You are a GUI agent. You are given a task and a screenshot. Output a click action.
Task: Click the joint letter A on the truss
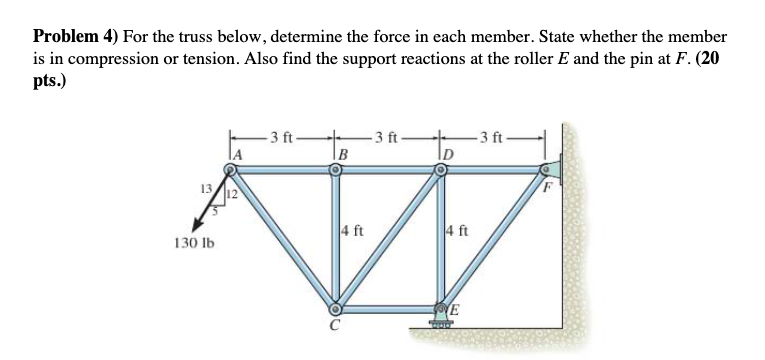239,153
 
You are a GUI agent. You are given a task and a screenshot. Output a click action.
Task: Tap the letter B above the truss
343,154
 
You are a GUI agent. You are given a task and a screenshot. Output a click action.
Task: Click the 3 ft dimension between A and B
286,136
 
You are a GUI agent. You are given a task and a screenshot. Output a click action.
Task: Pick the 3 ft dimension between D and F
496,136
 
